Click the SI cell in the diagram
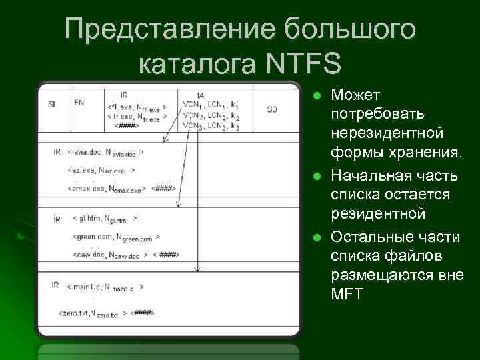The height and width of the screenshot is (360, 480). [51, 103]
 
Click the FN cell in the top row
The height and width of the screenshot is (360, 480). [79, 102]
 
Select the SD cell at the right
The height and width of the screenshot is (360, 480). [271, 109]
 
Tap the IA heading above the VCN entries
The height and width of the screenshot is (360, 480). [201, 95]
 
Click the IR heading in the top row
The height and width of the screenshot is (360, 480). [124, 95]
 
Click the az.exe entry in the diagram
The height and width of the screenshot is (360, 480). [101, 171]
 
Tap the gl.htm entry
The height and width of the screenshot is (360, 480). [105, 219]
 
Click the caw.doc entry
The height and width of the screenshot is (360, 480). [110, 255]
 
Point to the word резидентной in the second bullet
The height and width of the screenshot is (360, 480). [378, 215]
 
